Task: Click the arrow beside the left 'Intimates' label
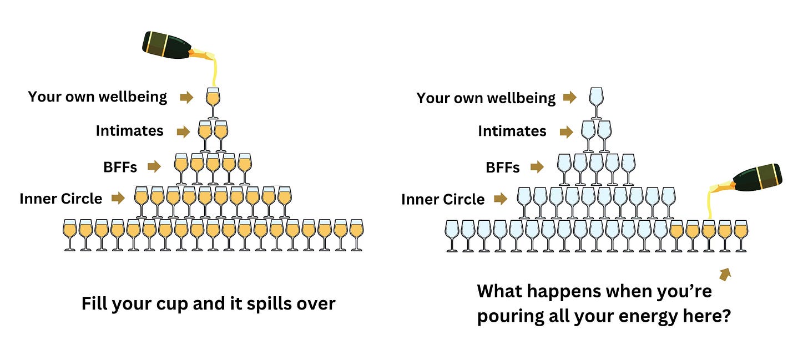click(x=183, y=132)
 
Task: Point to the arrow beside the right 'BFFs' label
click(x=537, y=166)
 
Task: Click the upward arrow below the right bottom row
click(x=725, y=273)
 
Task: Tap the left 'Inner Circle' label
click(x=61, y=199)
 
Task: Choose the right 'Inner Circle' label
click(x=443, y=199)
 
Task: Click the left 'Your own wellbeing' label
click(x=98, y=97)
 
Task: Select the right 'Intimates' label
click(x=512, y=131)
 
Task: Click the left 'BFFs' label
click(x=120, y=166)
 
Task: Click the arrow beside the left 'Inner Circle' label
click(x=118, y=197)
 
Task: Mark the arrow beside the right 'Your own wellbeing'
click(x=569, y=98)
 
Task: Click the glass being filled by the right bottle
click(x=708, y=235)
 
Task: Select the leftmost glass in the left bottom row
click(x=69, y=235)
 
